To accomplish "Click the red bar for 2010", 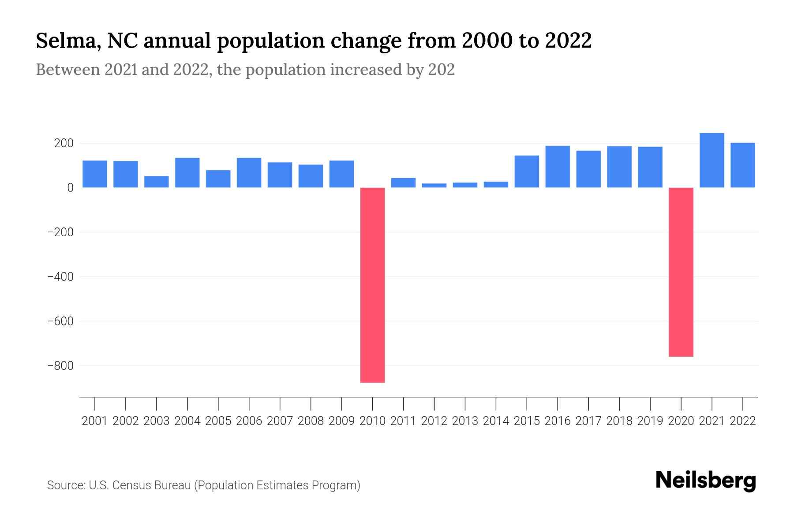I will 372,285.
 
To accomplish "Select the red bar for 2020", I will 681,272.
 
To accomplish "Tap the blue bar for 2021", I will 712,160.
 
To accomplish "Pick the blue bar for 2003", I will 157,182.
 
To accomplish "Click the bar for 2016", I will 558,167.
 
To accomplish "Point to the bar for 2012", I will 434,185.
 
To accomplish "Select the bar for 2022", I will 743,165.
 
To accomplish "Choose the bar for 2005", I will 218,179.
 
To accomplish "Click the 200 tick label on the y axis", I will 64,143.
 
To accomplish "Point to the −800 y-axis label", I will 60,365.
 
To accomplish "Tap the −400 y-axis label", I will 60,276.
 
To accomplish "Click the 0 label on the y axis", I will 70,188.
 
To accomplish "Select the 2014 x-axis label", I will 496,421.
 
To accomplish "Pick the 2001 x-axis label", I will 95,421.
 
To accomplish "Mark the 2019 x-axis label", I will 650,421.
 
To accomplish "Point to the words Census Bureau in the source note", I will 152,485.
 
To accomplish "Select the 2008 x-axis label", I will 311,421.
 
